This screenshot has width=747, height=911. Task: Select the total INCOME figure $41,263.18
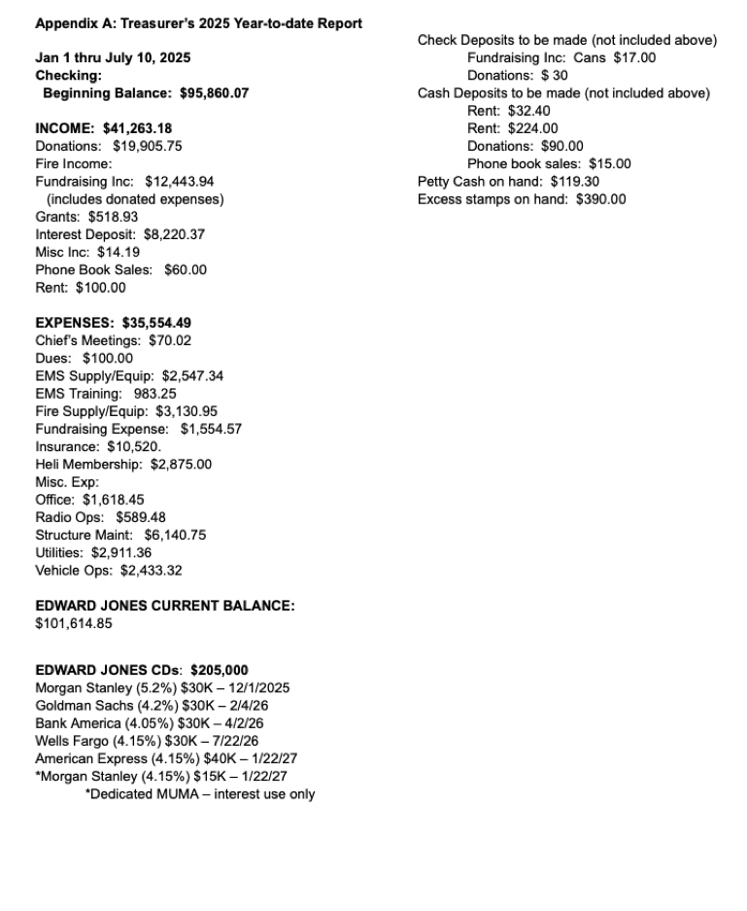pyautogui.click(x=137, y=128)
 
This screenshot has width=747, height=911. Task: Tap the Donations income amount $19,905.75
pyautogui.click(x=147, y=146)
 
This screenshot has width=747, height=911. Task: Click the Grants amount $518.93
pyautogui.click(x=113, y=217)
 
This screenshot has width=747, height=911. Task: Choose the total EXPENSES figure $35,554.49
pyautogui.click(x=156, y=323)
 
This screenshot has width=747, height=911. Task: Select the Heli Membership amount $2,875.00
pyautogui.click(x=181, y=464)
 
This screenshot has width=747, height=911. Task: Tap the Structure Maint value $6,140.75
pyautogui.click(x=175, y=535)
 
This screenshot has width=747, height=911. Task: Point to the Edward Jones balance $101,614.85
pyautogui.click(x=74, y=623)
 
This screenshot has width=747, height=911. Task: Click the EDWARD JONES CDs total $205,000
pyautogui.click(x=220, y=670)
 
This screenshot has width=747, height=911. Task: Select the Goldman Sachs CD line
pyautogui.click(x=152, y=705)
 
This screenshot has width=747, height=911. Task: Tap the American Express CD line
pyautogui.click(x=166, y=758)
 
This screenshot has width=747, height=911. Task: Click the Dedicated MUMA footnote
pyautogui.click(x=200, y=794)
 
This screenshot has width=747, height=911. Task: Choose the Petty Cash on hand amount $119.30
pyautogui.click(x=575, y=181)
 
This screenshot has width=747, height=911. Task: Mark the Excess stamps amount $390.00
pyautogui.click(x=601, y=199)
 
